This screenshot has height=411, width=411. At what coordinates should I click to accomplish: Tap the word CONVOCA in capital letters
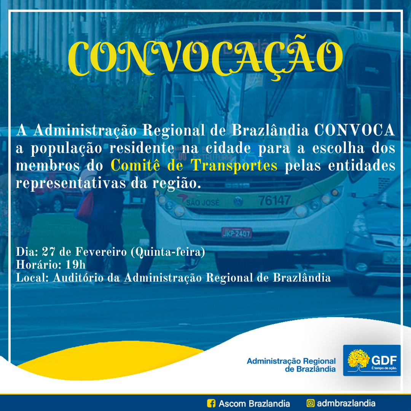point(354,130)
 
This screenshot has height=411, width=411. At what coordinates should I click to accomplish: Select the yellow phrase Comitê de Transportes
point(194,166)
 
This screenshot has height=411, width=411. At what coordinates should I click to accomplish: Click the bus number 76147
point(274,201)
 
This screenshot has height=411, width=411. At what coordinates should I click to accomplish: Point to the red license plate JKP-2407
point(237,233)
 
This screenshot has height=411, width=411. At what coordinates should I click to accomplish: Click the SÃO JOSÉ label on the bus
point(202,202)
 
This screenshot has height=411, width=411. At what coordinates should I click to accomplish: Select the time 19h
point(75,265)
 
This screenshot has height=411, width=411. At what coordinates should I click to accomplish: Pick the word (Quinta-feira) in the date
point(168,252)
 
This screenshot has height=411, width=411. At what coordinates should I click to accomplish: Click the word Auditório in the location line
point(78,277)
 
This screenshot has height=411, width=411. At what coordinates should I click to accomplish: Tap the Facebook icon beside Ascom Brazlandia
point(211,403)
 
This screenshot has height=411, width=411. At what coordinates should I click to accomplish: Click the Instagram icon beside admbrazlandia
point(311,403)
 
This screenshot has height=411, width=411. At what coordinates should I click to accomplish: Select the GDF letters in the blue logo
point(384,360)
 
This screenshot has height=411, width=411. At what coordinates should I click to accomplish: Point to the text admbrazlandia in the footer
point(346,403)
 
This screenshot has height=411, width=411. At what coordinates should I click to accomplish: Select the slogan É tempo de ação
point(384,368)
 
